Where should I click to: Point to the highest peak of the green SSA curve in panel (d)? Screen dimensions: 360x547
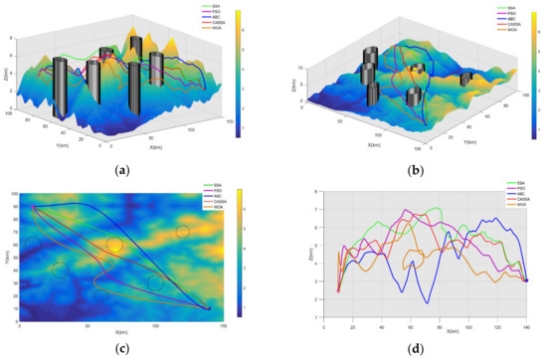pos(438,209)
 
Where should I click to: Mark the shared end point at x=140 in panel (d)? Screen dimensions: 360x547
pos(526,281)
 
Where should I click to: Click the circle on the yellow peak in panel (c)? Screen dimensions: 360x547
pos(115,245)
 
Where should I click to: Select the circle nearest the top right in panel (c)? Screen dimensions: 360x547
pos(182,233)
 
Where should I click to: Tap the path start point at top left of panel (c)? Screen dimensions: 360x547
pos(33,207)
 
